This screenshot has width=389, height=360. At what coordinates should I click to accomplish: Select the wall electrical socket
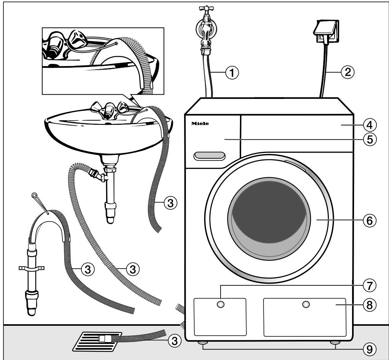pos(325,27)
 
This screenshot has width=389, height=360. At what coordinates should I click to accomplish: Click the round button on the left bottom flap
pos(221,304)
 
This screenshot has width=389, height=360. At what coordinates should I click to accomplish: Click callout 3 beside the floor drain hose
pos(174,341)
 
